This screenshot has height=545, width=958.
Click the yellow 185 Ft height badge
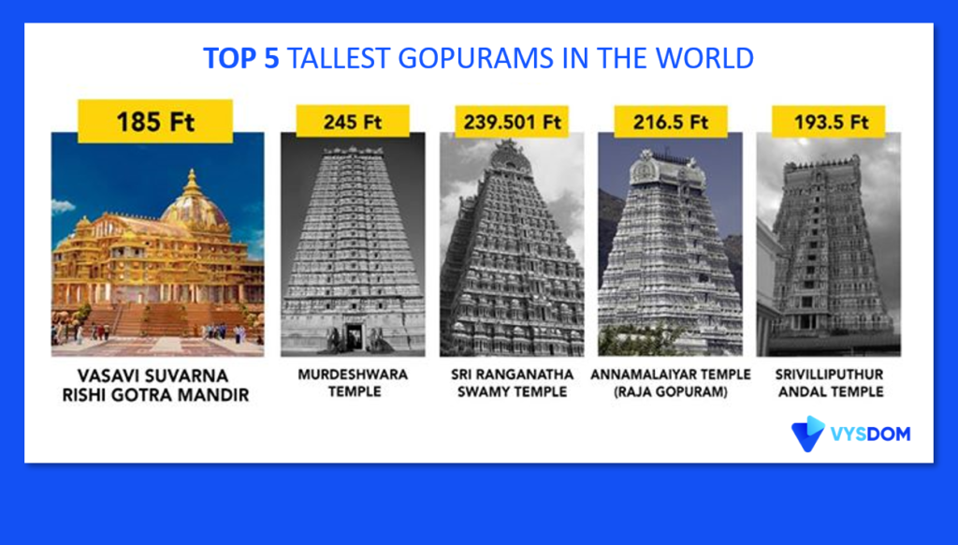155,121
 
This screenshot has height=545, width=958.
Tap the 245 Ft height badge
353,121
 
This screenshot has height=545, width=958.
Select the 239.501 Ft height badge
512,121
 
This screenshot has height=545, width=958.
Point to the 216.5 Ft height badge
670,121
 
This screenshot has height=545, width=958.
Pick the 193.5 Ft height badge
829,121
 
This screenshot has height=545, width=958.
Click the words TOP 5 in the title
240,59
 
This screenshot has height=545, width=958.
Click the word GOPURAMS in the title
476,59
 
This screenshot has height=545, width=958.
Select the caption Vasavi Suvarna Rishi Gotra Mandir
156,386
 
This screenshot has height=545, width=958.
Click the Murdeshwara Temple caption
353,383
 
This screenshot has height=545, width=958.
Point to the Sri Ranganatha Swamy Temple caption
512,383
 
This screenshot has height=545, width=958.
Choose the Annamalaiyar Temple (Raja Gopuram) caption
670,383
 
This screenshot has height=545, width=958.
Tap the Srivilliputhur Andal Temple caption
830,383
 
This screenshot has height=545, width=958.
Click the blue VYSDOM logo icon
807,434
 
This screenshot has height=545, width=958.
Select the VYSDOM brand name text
871,434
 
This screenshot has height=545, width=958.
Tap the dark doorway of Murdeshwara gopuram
354,337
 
